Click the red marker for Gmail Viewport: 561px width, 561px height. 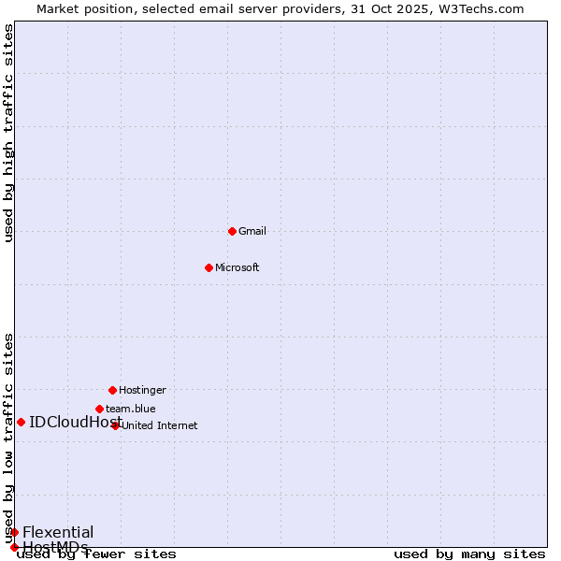(x=232, y=231)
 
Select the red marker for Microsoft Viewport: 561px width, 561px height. (x=209, y=267)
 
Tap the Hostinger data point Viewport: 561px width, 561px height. (x=112, y=390)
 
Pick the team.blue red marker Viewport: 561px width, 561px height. (x=99, y=409)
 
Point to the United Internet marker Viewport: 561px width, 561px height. (x=116, y=425)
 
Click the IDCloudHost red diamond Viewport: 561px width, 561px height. (x=21, y=422)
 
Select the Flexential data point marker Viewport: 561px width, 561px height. (x=14, y=532)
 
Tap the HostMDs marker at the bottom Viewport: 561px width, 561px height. (x=14, y=547)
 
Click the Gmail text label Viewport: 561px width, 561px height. (x=252, y=231)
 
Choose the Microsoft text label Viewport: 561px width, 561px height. (x=237, y=267)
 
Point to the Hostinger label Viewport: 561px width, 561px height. (x=142, y=390)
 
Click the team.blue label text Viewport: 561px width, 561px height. (x=131, y=409)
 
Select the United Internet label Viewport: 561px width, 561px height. (x=159, y=425)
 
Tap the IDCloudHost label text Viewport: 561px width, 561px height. (x=69, y=422)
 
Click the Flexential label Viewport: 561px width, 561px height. (x=58, y=532)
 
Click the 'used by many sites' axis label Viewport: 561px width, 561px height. (x=469, y=554)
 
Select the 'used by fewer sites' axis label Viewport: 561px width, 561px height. (x=97, y=554)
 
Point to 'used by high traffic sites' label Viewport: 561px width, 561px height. (x=8, y=133)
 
